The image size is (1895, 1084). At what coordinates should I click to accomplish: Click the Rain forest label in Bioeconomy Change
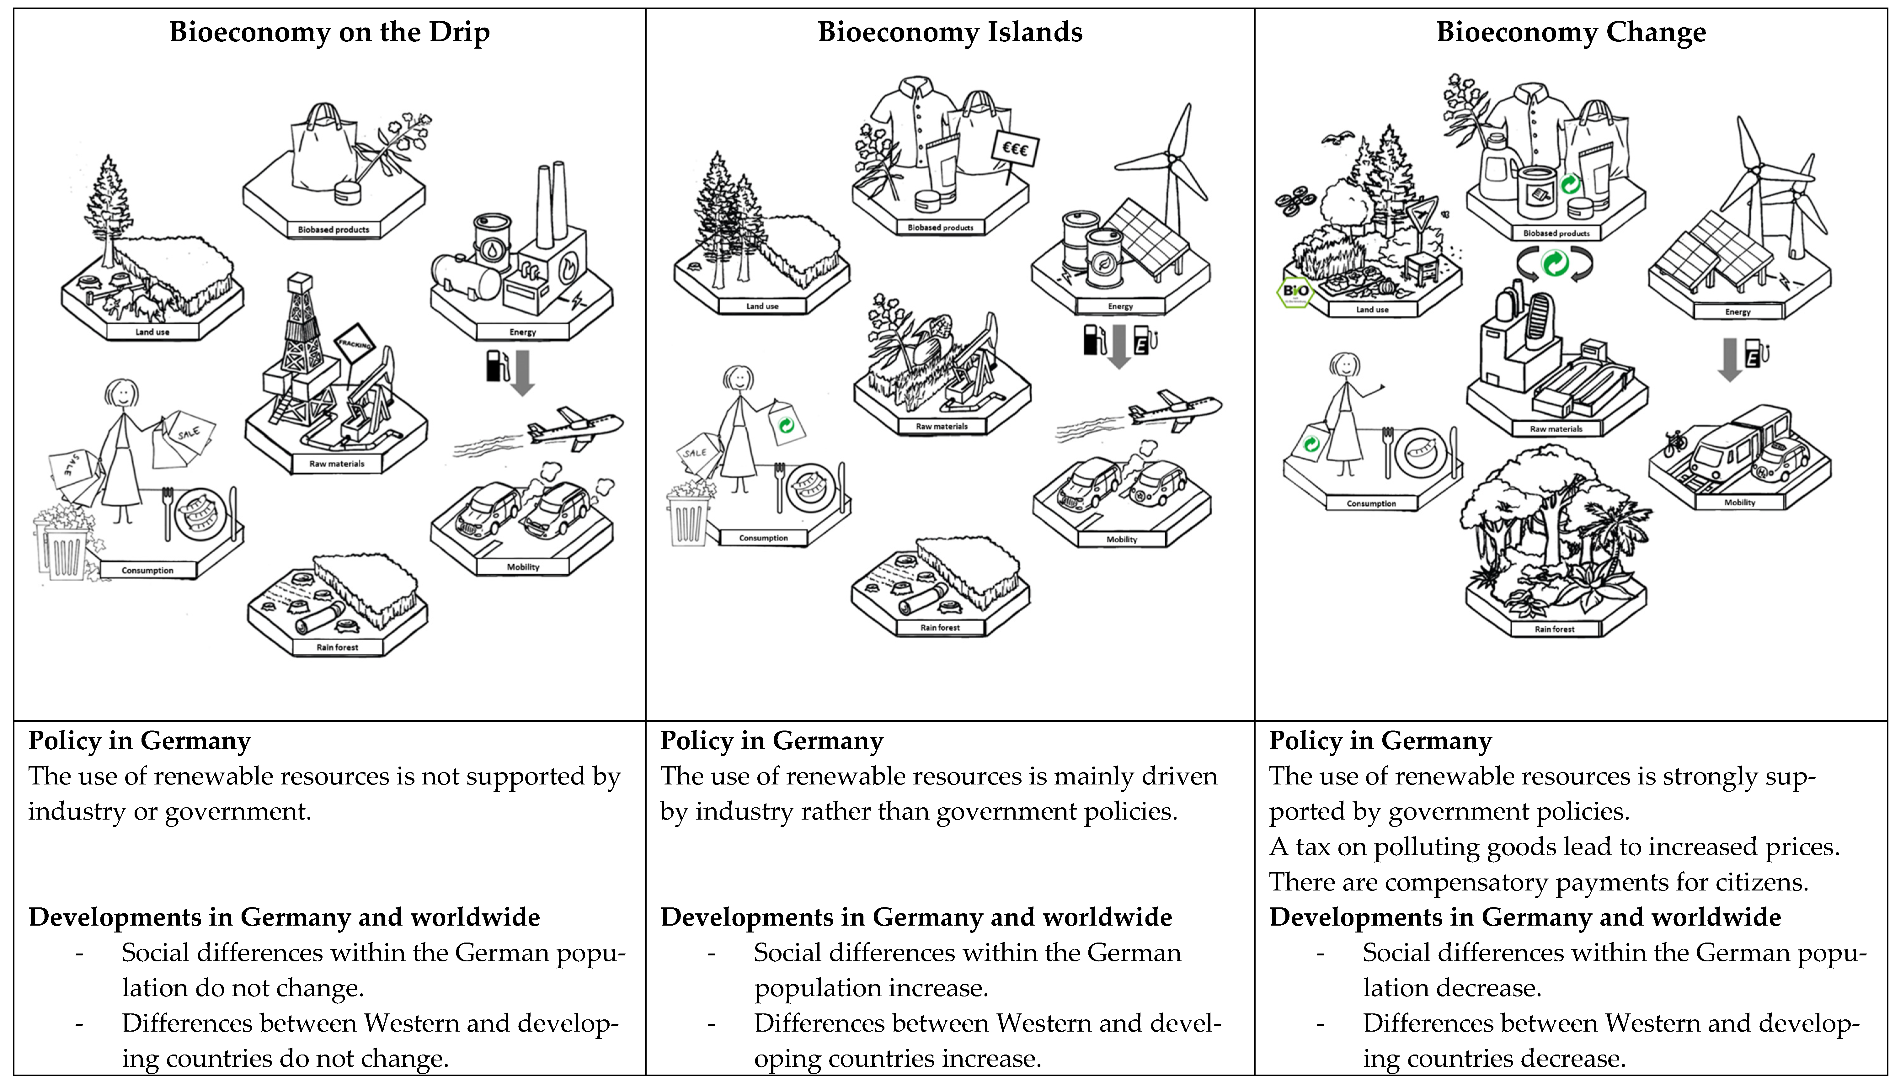pyautogui.click(x=1555, y=629)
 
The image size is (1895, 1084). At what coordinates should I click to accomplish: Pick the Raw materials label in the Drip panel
pyautogui.click(x=337, y=464)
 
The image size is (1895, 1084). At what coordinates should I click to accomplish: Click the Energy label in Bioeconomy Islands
pyautogui.click(x=1120, y=306)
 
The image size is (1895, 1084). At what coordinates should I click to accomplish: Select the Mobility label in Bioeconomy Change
pyautogui.click(x=1739, y=502)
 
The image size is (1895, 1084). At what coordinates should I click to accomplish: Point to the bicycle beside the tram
pyautogui.click(x=1675, y=444)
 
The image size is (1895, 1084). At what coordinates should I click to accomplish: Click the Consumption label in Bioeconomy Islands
pyautogui.click(x=763, y=538)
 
